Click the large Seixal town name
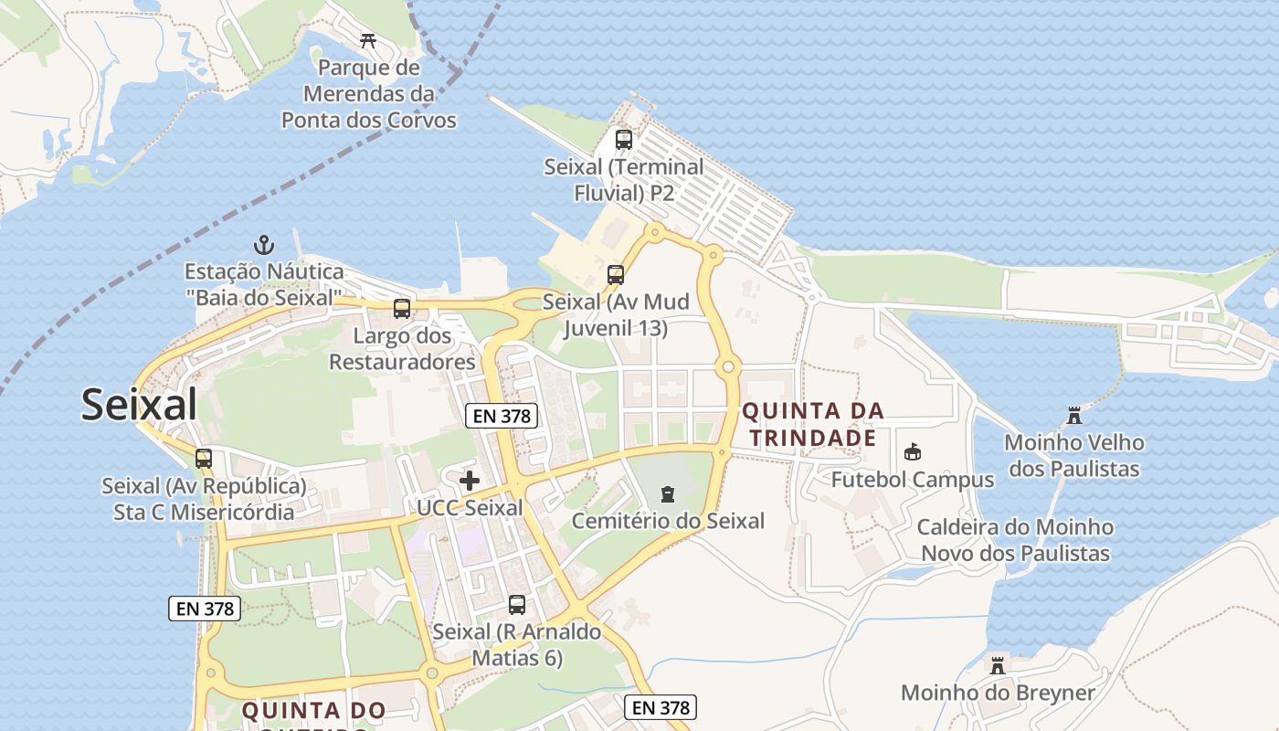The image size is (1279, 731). (139, 404)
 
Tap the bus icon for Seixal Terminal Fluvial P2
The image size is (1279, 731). (624, 140)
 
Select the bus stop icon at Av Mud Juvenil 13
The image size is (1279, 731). (616, 274)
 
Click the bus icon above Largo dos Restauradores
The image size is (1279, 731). (402, 309)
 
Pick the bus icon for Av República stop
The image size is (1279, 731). (204, 459)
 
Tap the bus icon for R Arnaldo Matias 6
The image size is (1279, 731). (517, 605)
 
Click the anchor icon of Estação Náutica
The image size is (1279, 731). (264, 245)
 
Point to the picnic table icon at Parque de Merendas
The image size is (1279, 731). (369, 40)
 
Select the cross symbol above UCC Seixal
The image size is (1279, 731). (470, 481)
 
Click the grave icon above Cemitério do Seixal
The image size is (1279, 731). (668, 494)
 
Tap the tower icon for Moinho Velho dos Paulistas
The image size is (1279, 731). (1074, 416)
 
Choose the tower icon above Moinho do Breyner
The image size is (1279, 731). (998, 665)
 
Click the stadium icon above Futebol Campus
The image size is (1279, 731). (912, 452)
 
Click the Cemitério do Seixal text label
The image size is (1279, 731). (668, 521)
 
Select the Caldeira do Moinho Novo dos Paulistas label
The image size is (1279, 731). (1015, 540)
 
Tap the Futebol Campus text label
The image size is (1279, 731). (912, 480)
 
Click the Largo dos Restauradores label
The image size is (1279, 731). (402, 349)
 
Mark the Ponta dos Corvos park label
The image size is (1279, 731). (368, 94)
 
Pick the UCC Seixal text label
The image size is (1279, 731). (470, 508)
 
